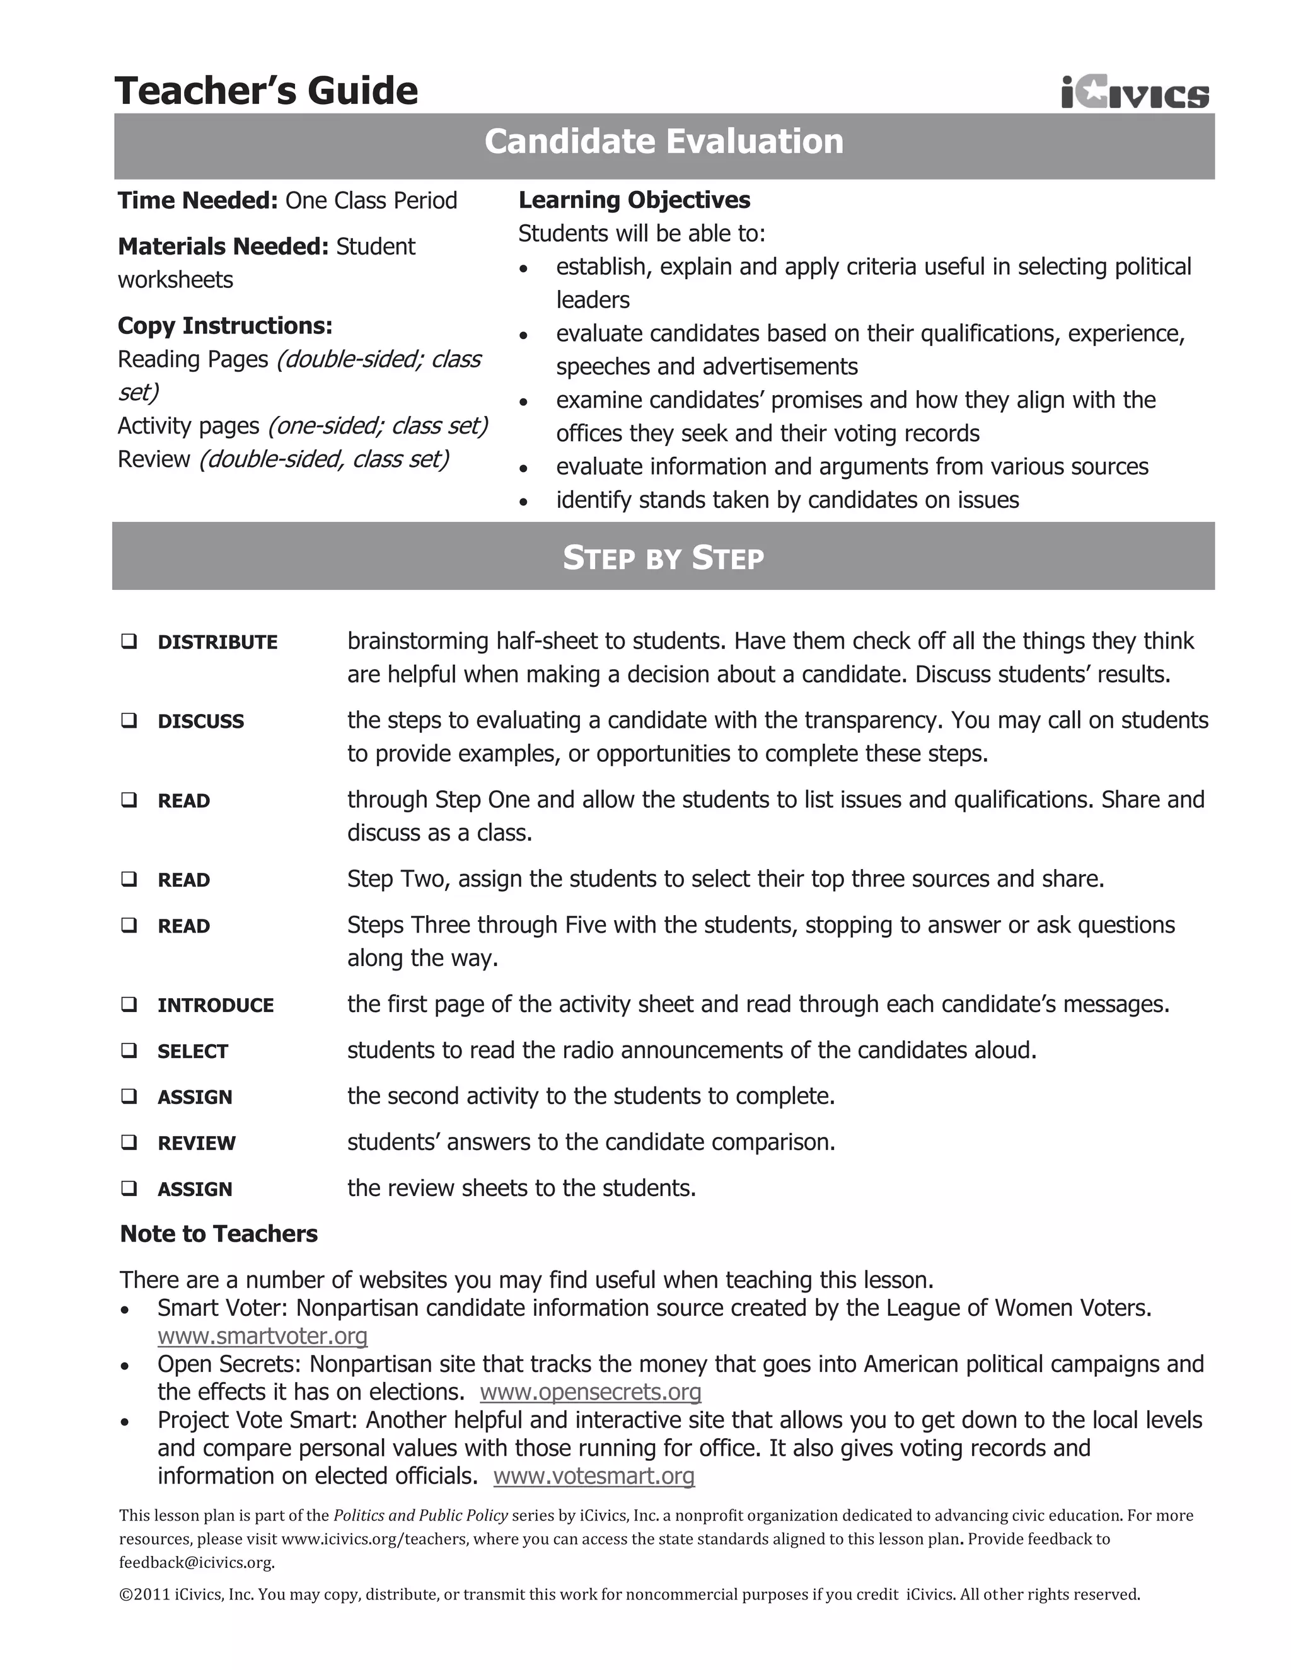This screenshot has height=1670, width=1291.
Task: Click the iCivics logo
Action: tap(1134, 93)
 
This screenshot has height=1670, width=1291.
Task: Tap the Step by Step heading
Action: tap(663, 558)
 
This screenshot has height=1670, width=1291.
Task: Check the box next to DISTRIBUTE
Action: tap(129, 641)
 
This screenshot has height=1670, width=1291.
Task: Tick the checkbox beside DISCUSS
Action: tap(129, 720)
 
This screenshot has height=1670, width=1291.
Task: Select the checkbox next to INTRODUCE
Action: tap(129, 1004)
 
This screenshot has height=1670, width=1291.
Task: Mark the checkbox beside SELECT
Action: tap(129, 1050)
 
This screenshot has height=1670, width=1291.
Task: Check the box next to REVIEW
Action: tap(129, 1143)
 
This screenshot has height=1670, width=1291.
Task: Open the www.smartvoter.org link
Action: tap(262, 1336)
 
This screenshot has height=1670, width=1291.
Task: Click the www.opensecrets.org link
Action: tap(591, 1391)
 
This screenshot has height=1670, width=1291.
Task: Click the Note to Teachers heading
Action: tap(219, 1233)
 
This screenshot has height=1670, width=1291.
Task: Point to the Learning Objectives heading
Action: tap(634, 200)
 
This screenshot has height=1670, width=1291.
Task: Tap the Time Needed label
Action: tap(197, 200)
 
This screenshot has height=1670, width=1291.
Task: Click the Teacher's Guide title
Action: tap(266, 91)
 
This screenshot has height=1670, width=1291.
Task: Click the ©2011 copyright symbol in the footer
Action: tap(125, 1595)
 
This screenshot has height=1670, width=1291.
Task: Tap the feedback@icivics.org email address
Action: tap(196, 1563)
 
